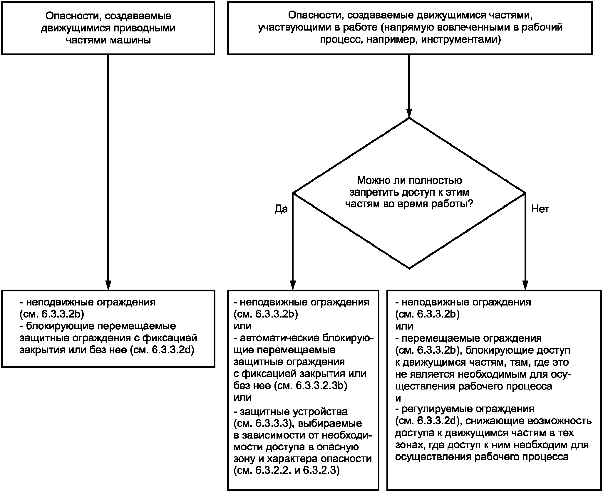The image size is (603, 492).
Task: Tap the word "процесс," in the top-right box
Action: tap(338, 40)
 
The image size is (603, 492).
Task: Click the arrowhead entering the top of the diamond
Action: tap(409, 113)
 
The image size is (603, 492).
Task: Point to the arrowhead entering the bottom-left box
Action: tap(108, 285)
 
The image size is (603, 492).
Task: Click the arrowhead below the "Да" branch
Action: tap(292, 285)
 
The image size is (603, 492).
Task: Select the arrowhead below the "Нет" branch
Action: tap(525, 285)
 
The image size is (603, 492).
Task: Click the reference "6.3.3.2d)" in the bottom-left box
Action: tap(173, 350)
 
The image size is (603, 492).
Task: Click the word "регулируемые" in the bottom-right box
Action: tap(438, 409)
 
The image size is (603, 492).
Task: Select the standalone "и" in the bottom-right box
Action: tap(398, 398)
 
